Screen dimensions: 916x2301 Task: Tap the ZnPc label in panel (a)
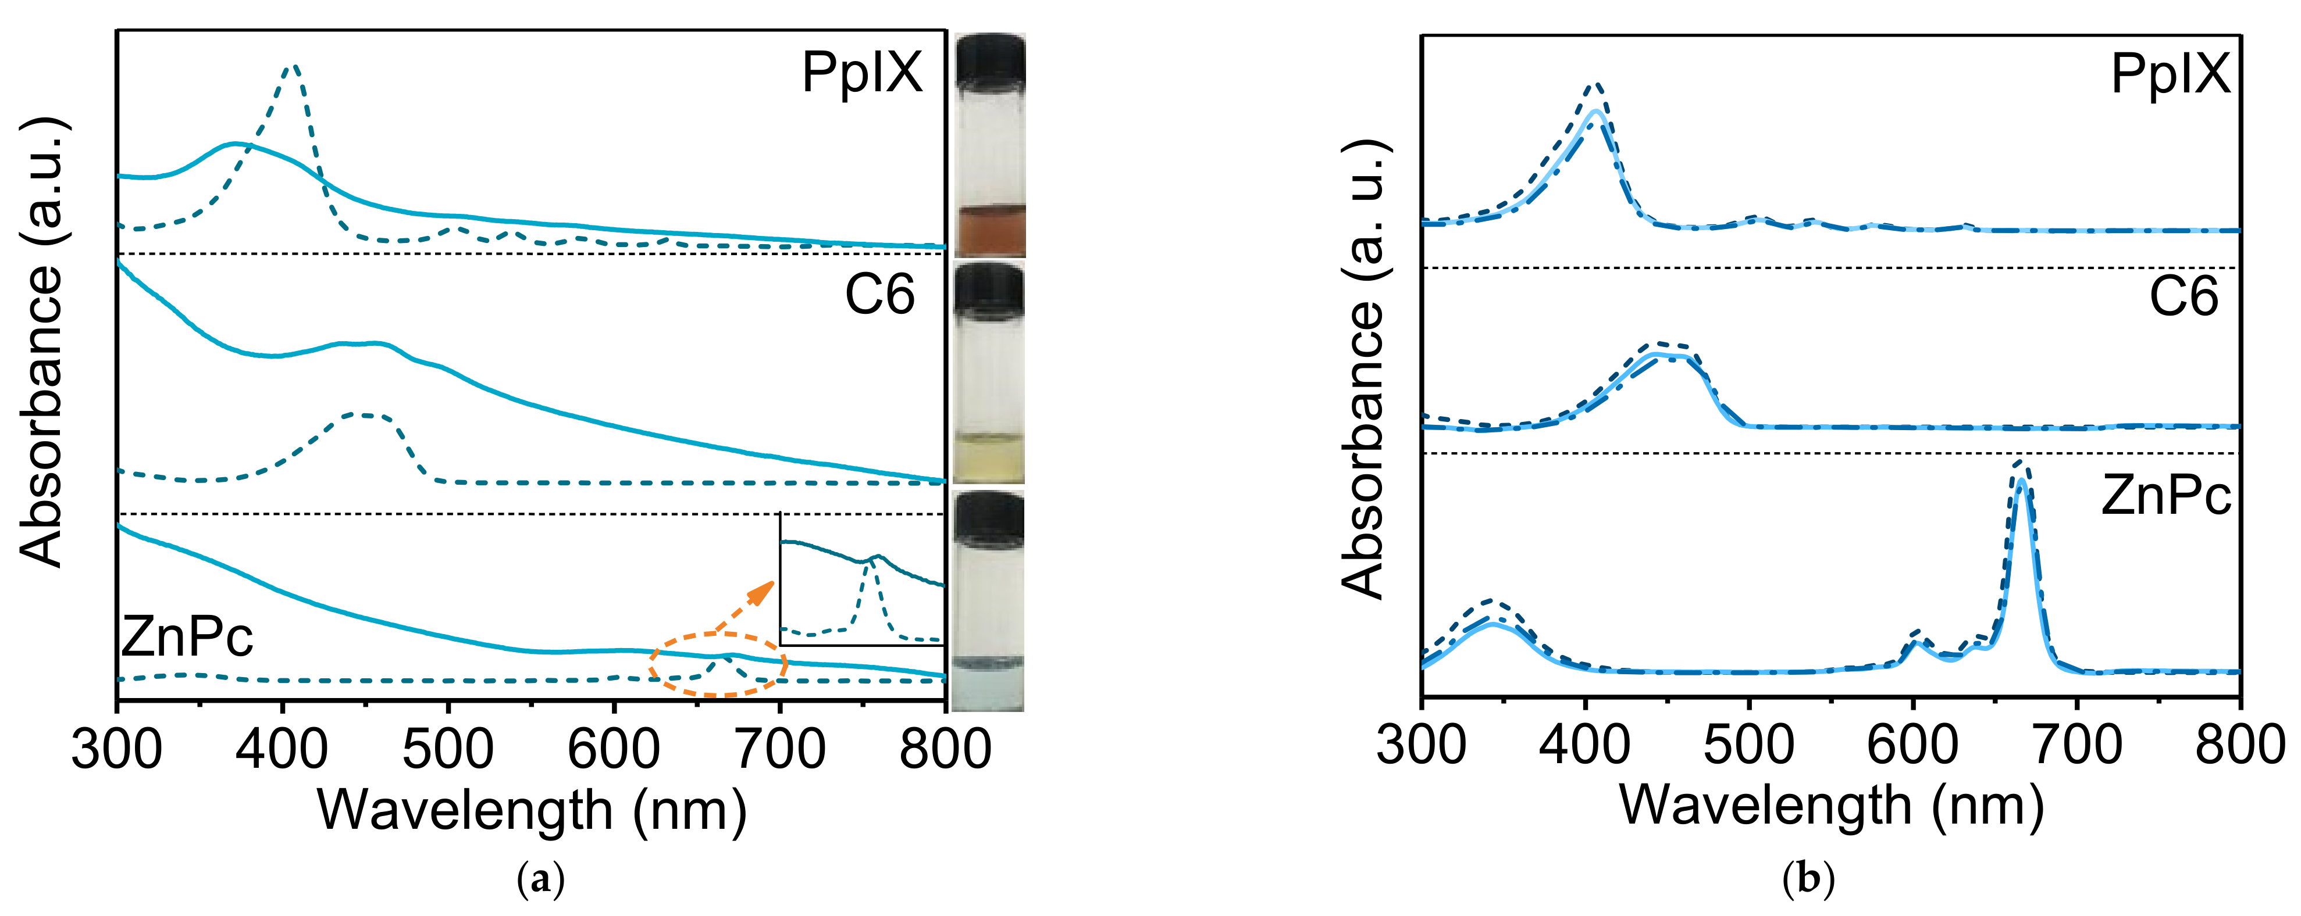[x=187, y=636]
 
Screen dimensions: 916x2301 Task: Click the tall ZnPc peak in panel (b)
[x=2022, y=473]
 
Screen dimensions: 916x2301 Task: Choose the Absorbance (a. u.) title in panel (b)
[x=1363, y=368]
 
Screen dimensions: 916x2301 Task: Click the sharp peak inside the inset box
[x=870, y=561]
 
